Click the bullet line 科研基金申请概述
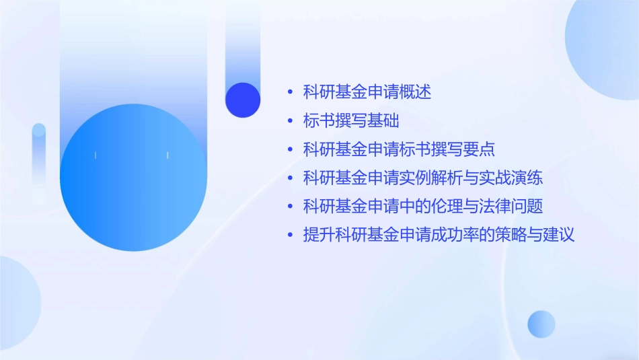tap(367, 92)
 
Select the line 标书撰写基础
tap(351, 121)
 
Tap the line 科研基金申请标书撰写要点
tap(399, 149)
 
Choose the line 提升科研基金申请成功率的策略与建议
tap(439, 236)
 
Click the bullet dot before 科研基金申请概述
tap(290, 93)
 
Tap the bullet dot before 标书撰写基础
tap(290, 122)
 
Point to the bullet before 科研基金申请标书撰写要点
tap(290, 150)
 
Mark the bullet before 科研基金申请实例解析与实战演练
tap(290, 179)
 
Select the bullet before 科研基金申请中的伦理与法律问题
tap(290, 207)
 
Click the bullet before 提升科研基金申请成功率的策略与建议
tap(290, 236)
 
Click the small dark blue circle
tap(243, 100)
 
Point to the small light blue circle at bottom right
tap(541, 324)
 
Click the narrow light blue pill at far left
tap(39, 161)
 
